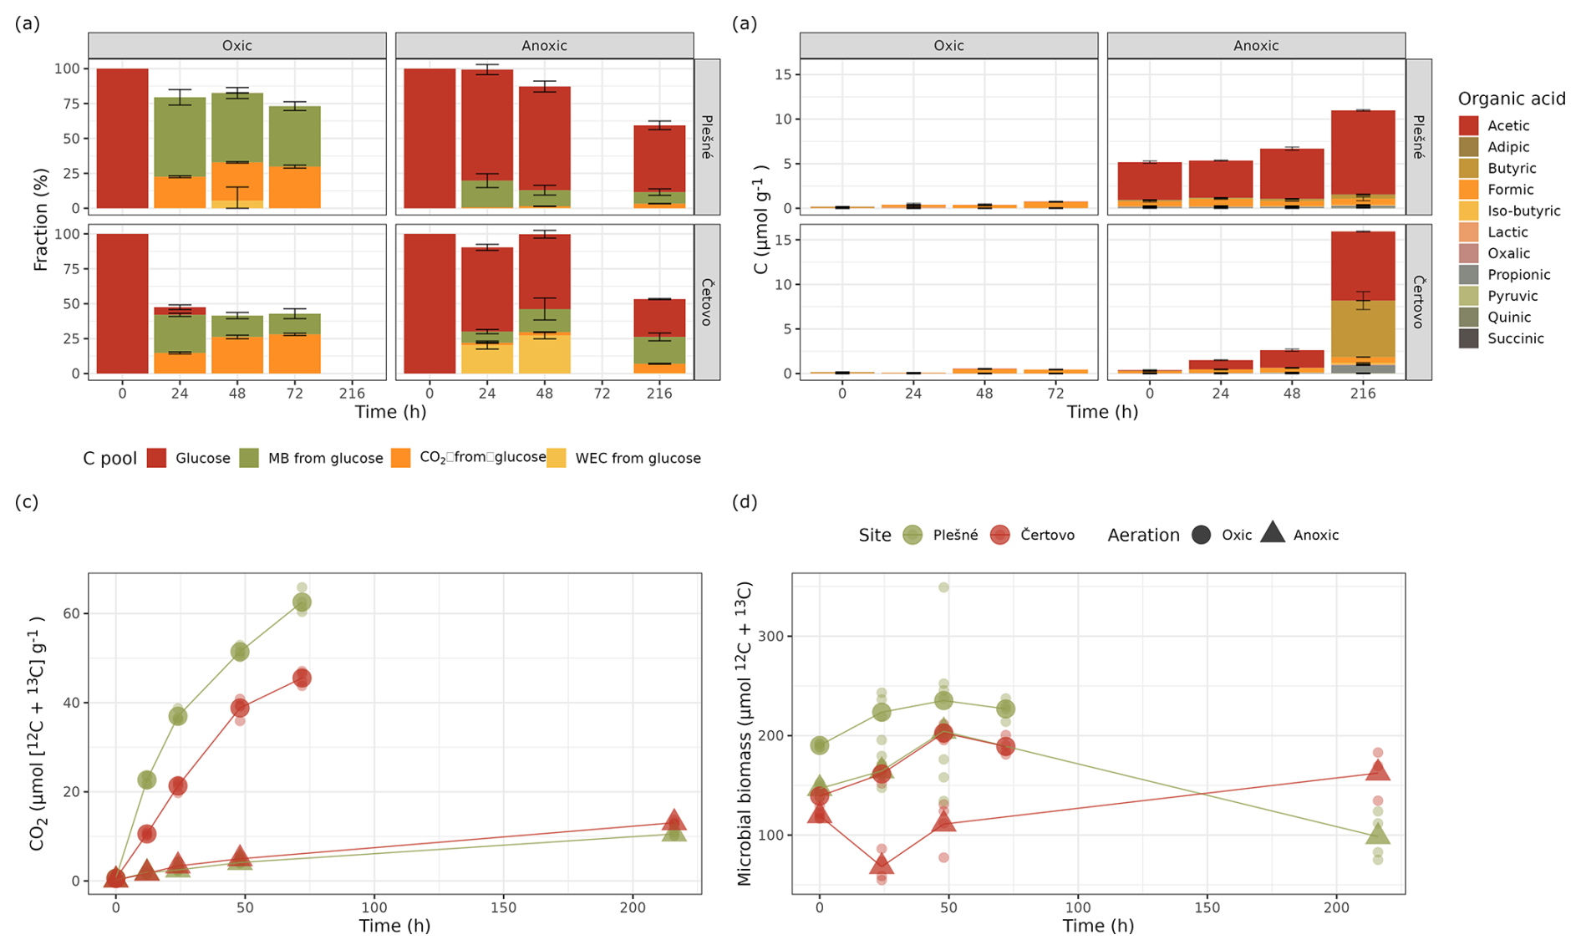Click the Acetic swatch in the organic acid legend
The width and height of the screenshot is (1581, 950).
coord(1468,125)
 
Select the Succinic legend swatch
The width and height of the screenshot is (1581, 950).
coord(1468,338)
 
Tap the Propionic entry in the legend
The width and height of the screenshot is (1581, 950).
coord(1468,275)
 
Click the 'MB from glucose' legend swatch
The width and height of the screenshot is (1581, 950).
coord(249,458)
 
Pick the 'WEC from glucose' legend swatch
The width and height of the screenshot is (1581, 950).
coord(556,458)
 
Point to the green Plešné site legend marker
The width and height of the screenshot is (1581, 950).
coord(913,535)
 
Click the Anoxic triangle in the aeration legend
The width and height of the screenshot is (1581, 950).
coord(1273,533)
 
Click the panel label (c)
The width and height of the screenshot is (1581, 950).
coord(27,502)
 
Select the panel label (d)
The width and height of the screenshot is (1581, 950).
coord(744,502)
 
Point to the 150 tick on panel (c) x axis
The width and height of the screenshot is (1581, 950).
coord(503,907)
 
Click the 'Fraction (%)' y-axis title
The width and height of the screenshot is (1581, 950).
coord(40,219)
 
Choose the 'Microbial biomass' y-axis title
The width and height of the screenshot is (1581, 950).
coord(744,734)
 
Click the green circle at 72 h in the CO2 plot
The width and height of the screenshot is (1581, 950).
coord(302,602)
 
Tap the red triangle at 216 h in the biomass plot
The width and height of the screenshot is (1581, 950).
coord(1377,770)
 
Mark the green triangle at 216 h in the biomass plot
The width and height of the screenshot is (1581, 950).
coord(1377,834)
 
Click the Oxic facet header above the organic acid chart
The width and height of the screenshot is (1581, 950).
coord(948,46)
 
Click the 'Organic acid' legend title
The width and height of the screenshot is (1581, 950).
coord(1511,99)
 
